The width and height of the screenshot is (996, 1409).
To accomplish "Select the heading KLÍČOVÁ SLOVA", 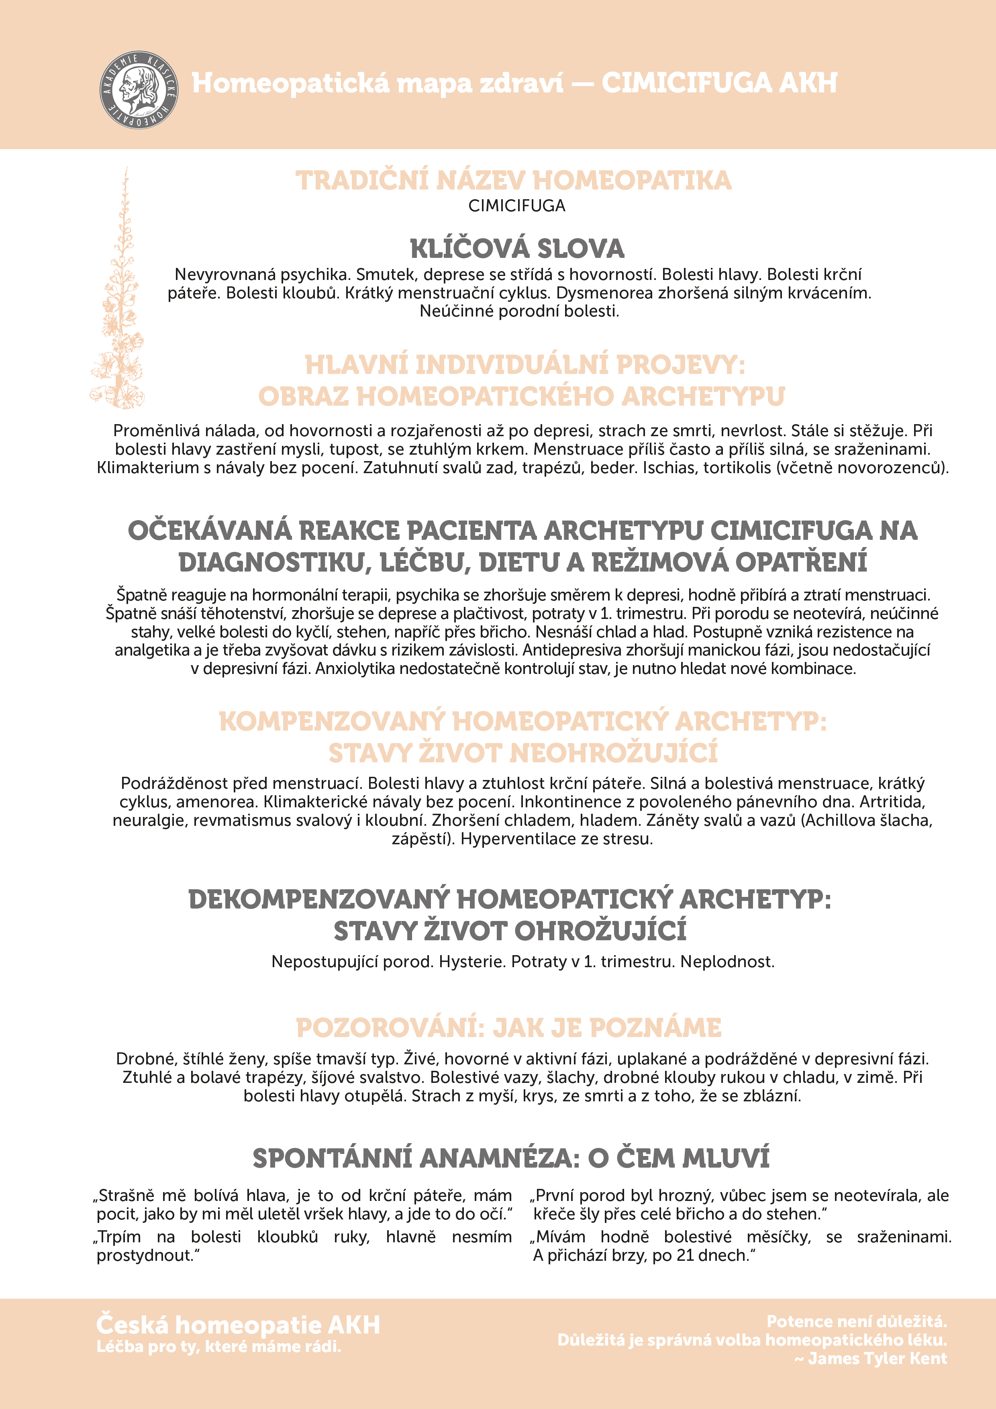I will [x=517, y=249].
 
